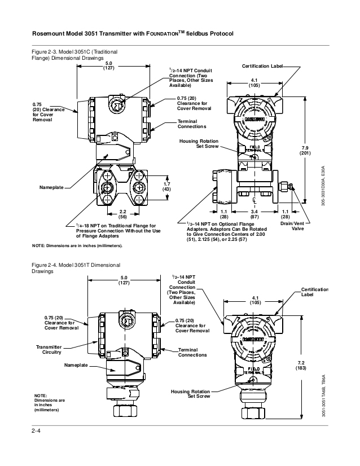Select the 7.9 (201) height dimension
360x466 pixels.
tap(321, 150)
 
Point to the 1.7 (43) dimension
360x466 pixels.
tap(166, 186)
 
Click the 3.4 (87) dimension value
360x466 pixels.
tap(254, 214)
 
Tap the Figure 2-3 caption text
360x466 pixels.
tap(74, 54)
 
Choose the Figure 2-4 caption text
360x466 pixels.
tap(74, 267)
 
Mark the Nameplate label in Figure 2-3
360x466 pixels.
tap(51, 187)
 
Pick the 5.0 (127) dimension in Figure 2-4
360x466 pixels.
tap(124, 280)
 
